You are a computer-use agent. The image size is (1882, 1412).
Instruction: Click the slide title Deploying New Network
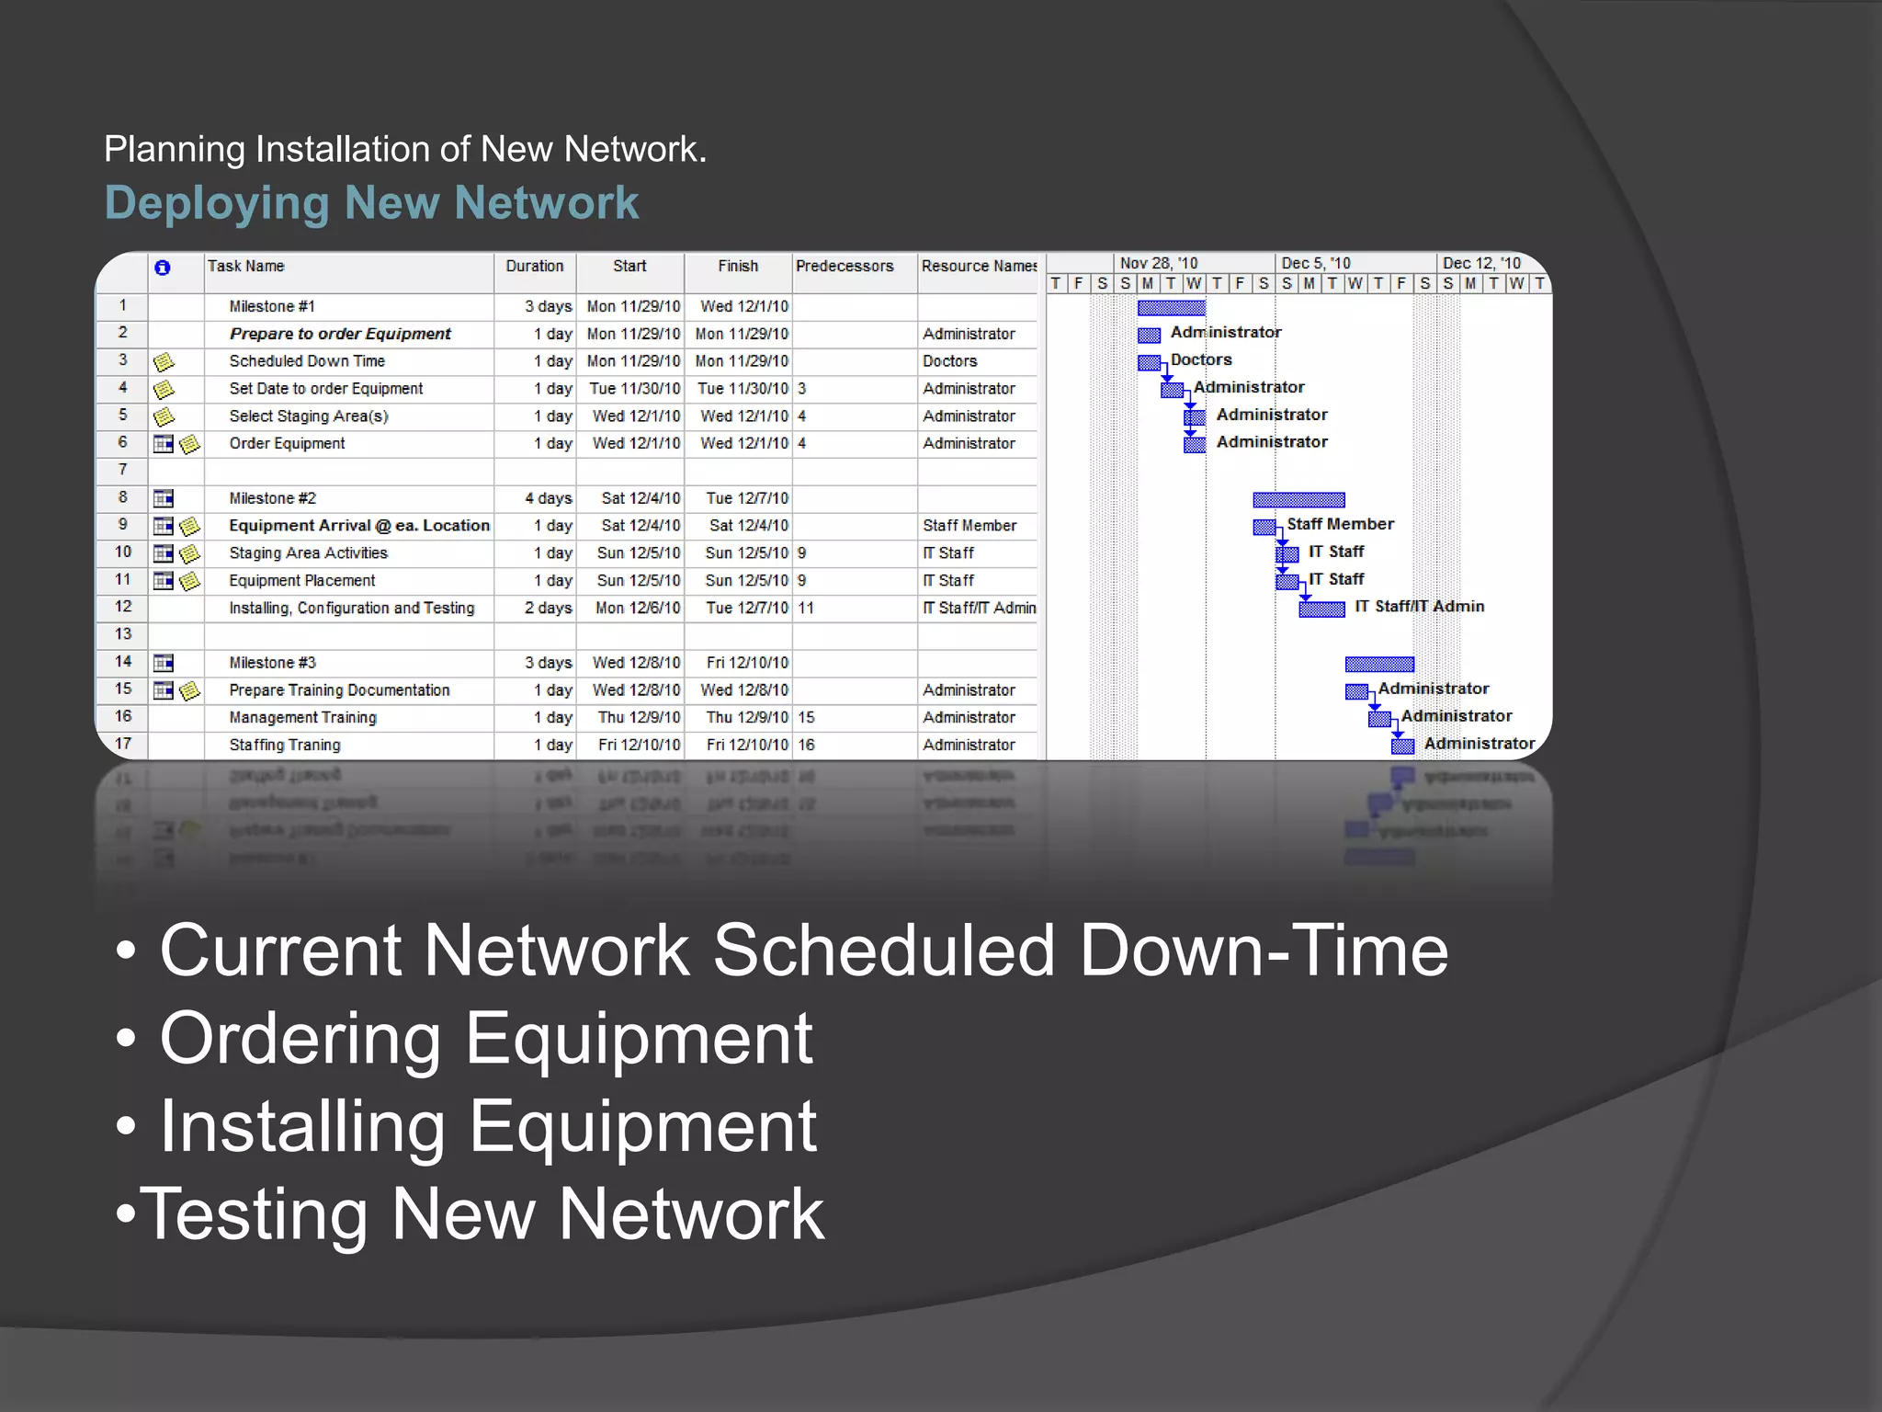tap(371, 203)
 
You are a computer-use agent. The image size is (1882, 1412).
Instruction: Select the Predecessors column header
tap(844, 267)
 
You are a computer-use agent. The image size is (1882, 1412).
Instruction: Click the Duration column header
tap(534, 267)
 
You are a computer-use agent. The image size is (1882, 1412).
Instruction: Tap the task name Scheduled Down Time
tap(307, 361)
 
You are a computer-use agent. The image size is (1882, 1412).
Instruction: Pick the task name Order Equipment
tap(287, 443)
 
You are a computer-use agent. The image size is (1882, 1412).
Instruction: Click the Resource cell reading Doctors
tap(949, 361)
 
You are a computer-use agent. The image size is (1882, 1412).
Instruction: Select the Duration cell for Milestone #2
tap(548, 498)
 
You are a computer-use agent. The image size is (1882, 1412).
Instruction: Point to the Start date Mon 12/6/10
tap(637, 608)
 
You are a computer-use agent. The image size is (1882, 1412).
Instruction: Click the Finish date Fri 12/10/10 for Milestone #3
tap(746, 663)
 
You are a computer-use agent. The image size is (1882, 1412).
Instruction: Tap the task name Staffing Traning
tap(285, 745)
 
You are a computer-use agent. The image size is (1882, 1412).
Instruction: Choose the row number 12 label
tap(123, 607)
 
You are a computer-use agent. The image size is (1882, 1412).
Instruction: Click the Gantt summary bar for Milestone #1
tap(1171, 308)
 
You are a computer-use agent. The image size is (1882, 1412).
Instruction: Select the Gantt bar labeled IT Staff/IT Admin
tap(1321, 609)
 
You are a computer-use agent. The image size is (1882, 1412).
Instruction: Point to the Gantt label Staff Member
tap(1340, 524)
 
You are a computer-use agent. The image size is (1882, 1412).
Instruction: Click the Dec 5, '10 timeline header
tap(1315, 263)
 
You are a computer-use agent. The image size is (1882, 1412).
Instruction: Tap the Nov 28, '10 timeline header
tap(1158, 263)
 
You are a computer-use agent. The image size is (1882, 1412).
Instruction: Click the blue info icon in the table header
tap(163, 268)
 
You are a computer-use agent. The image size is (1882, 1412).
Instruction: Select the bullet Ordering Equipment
tap(485, 1039)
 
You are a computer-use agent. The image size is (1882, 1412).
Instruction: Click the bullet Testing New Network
tap(482, 1214)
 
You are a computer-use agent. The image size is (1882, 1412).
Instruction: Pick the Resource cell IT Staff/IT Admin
tap(979, 608)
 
